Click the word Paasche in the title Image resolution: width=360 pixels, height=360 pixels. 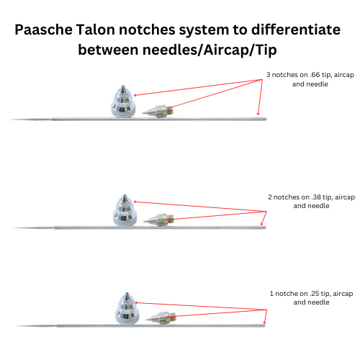pos(44,30)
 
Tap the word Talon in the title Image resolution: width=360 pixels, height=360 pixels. pos(95,30)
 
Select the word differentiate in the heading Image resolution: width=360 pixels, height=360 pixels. pos(296,30)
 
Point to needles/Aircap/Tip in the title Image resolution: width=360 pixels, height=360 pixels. pos(210,50)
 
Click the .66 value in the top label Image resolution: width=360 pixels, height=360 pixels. pos(315,75)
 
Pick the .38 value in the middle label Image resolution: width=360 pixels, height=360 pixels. pos(316,197)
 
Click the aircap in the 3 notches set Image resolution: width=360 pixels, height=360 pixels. pos(123,102)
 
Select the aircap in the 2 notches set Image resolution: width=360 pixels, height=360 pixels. pos(125,210)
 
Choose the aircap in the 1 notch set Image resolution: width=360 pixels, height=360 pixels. pos(127,308)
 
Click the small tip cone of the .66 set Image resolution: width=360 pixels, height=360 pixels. pos(158,112)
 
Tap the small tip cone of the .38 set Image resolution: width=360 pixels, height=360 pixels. pos(159,220)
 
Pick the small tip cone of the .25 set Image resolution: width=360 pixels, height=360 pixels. pos(161,318)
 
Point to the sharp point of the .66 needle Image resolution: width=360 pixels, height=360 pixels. pos(11,120)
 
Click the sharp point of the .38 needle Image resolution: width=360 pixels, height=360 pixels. pos(14,228)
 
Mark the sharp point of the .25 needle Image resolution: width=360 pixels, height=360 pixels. pos(17,326)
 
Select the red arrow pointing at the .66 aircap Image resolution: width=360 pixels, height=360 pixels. pos(198,88)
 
